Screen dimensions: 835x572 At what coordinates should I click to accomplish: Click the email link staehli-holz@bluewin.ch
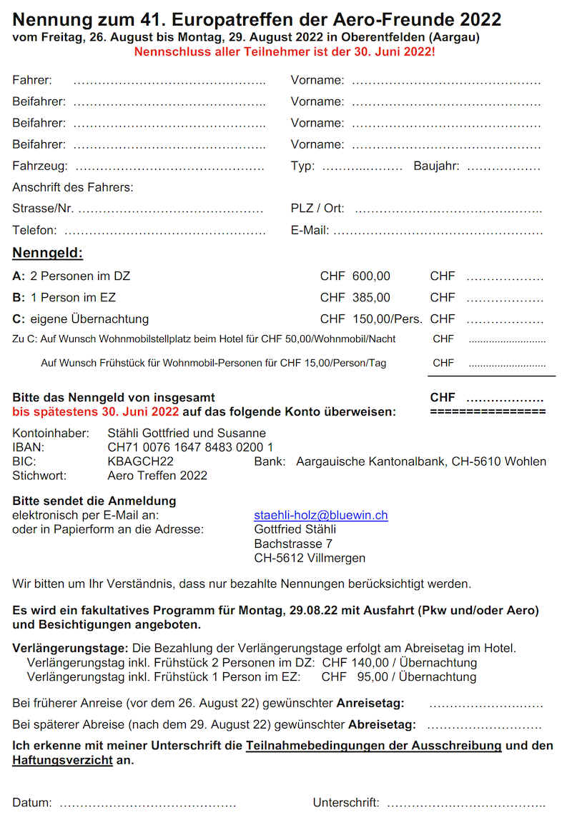[321, 515]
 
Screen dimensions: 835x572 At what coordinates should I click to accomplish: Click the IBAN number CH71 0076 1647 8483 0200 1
[190, 447]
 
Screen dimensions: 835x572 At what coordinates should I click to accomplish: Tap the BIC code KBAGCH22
[140, 461]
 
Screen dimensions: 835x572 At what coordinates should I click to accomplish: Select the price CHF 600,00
[355, 276]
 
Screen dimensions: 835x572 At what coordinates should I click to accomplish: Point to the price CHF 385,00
[355, 297]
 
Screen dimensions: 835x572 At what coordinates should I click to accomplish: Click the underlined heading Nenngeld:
[47, 253]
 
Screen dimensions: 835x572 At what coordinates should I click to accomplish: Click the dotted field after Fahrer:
[169, 81]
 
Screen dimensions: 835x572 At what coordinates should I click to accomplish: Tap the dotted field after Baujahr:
[503, 167]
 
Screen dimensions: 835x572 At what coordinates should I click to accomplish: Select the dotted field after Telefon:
[165, 231]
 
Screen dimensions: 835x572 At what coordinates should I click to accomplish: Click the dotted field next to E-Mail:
[438, 231]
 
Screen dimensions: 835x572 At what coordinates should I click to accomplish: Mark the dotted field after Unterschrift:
[466, 804]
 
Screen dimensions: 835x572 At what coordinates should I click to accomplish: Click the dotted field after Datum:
[147, 804]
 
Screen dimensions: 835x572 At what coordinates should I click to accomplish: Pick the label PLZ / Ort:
[317, 209]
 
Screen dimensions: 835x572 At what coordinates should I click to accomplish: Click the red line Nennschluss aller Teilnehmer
[284, 52]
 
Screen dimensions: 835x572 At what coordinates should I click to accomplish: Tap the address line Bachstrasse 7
[293, 544]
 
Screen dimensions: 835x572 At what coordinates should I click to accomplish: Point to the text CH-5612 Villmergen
[310, 558]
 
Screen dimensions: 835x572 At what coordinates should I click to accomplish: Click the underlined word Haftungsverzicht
[62, 760]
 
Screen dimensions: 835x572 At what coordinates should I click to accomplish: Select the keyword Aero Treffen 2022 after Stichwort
[157, 476]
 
